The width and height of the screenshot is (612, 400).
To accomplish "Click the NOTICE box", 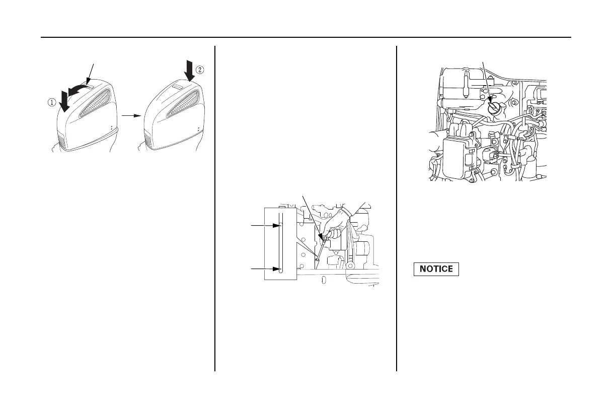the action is tap(436, 269).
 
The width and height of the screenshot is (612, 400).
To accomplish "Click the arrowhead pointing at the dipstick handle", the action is tap(320, 235).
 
